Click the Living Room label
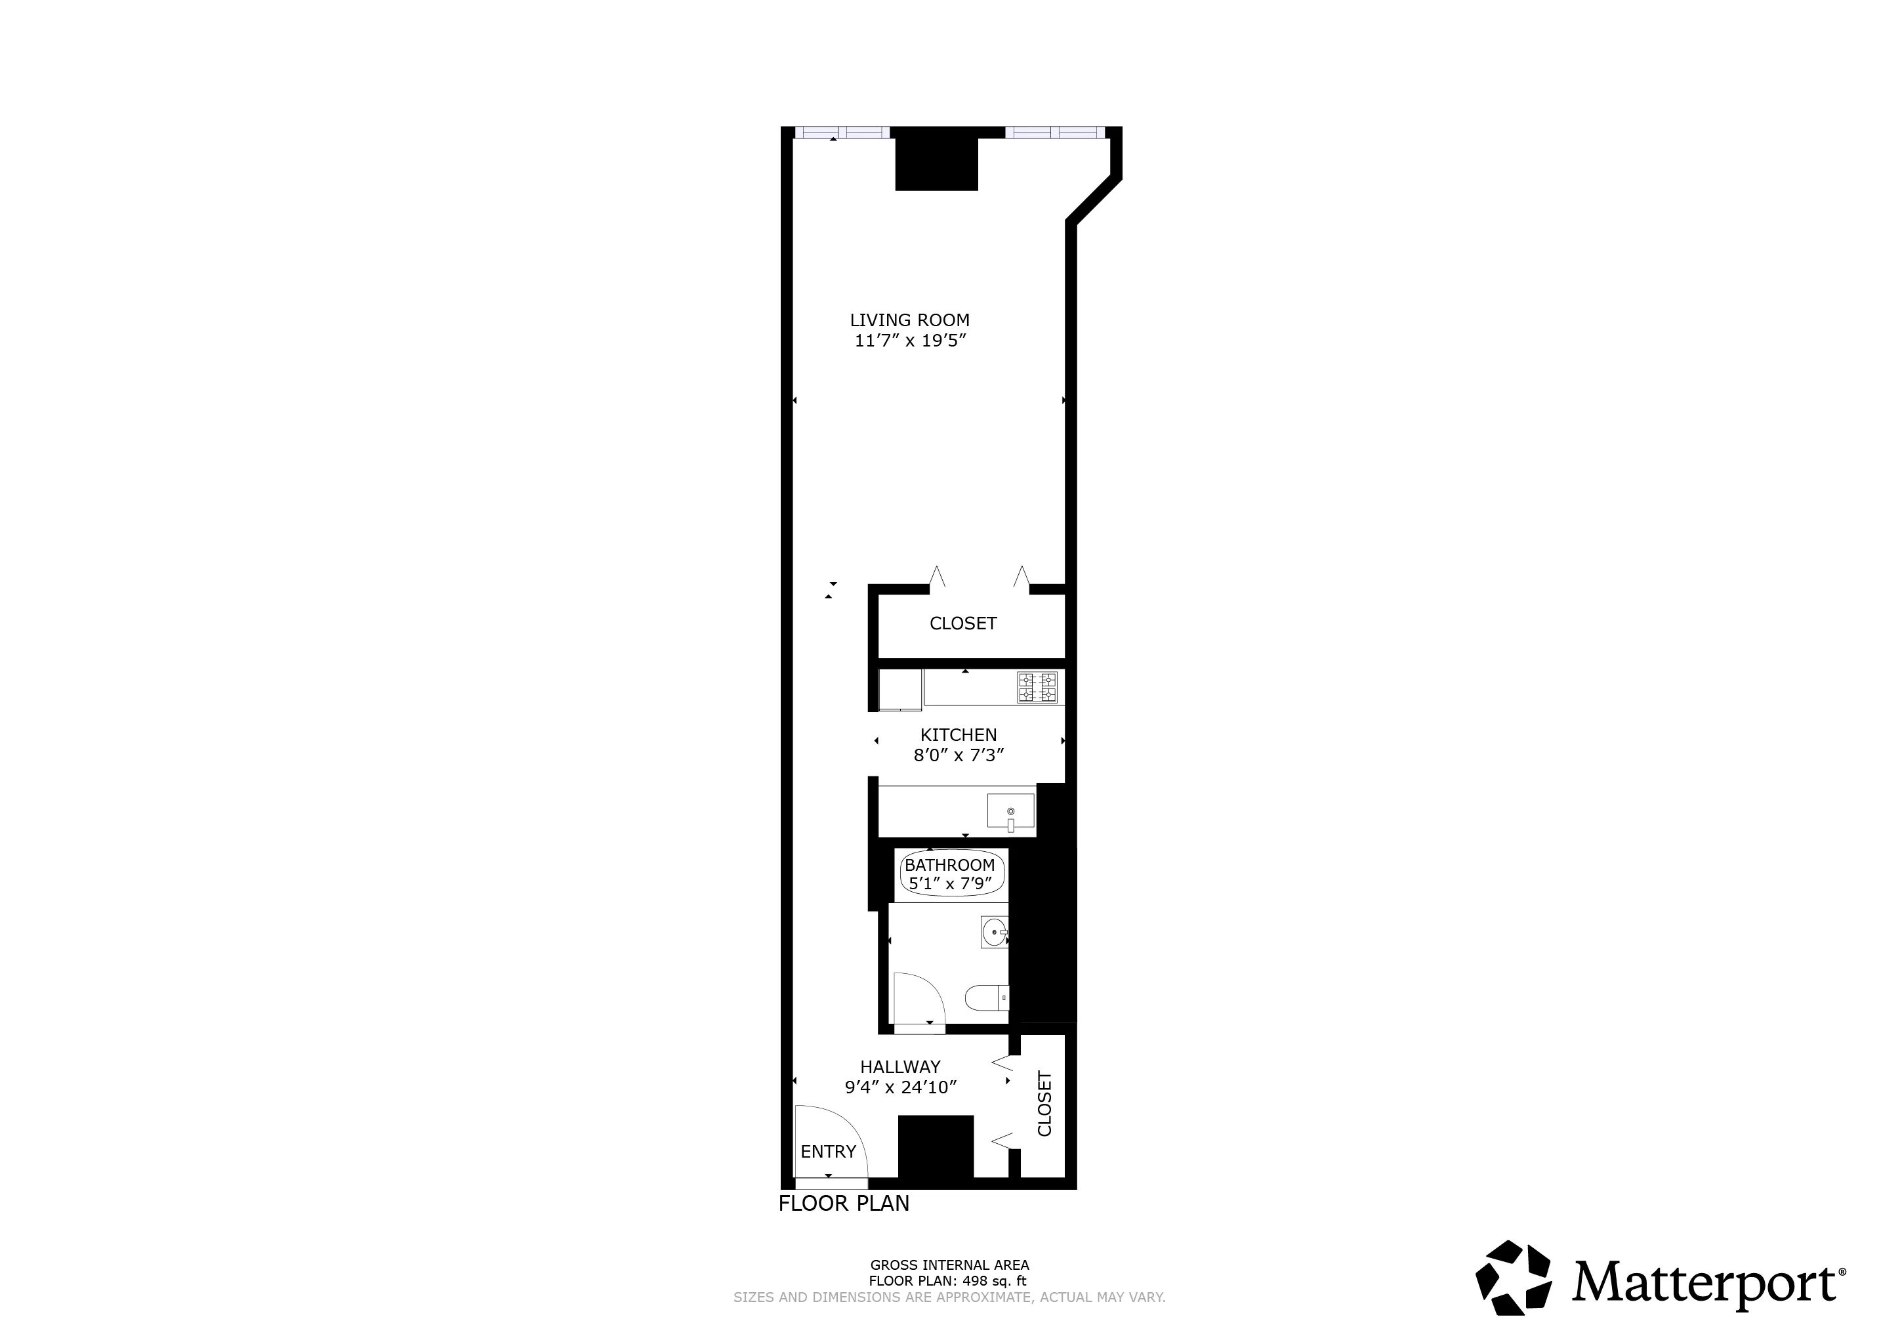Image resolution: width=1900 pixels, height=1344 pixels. (909, 320)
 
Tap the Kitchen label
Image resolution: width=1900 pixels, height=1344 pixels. (959, 735)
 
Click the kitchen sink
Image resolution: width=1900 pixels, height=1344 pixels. (1010, 811)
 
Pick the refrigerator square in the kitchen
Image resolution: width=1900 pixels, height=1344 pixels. (900, 689)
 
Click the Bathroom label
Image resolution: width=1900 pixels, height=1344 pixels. (949, 865)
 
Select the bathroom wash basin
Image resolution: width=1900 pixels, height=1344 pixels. (994, 932)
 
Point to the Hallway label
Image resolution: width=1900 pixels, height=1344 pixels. (900, 1068)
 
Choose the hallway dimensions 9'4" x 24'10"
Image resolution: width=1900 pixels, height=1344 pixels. (900, 1087)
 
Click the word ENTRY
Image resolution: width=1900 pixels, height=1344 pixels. (827, 1152)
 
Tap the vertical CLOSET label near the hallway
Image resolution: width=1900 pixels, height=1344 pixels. (1044, 1104)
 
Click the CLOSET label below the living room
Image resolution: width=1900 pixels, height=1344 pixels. (963, 624)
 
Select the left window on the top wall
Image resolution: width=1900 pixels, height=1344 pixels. (842, 132)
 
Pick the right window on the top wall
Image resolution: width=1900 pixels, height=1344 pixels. (1054, 132)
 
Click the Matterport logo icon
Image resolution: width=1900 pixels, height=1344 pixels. (1514, 1278)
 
